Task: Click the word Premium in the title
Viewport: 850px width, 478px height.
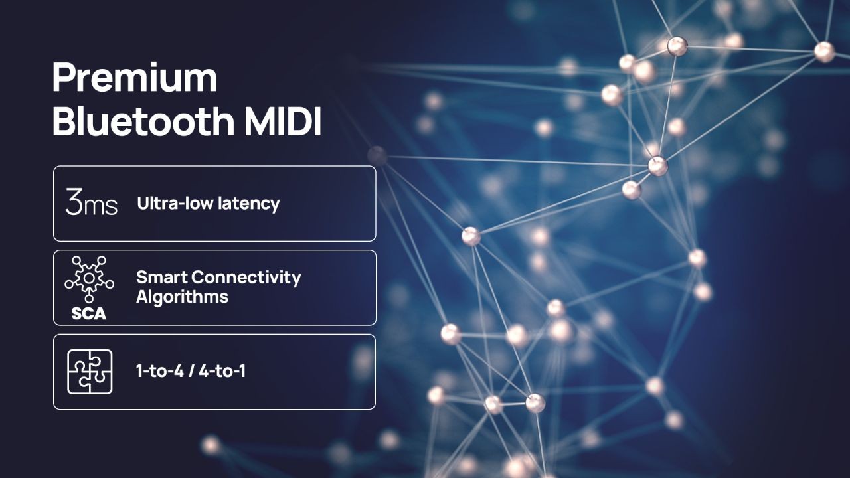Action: pyautogui.click(x=135, y=78)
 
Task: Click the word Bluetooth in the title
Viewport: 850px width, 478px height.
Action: pyautogui.click(x=144, y=121)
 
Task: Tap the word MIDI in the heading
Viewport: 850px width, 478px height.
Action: pyautogui.click(x=283, y=122)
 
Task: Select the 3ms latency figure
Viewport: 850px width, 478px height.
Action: pyautogui.click(x=91, y=202)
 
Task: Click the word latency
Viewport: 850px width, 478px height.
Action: pyautogui.click(x=249, y=204)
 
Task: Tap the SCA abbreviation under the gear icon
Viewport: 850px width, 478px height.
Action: pyautogui.click(x=89, y=313)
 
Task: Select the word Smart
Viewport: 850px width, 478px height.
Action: pyautogui.click(x=161, y=278)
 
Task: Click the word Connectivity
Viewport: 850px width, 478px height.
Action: pyautogui.click(x=246, y=278)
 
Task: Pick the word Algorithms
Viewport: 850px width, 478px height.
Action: pyautogui.click(x=182, y=297)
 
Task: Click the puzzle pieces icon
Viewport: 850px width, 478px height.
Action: pyautogui.click(x=90, y=372)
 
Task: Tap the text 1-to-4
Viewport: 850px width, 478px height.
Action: pyautogui.click(x=160, y=371)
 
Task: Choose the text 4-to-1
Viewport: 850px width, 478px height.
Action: pyautogui.click(x=222, y=371)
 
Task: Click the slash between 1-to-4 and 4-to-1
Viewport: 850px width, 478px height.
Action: pyautogui.click(x=191, y=371)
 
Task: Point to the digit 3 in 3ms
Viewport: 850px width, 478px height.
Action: pyautogui.click(x=73, y=202)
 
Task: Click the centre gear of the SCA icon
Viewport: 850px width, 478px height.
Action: pyautogui.click(x=89, y=278)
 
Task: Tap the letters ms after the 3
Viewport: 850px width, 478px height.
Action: pyautogui.click(x=100, y=206)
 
